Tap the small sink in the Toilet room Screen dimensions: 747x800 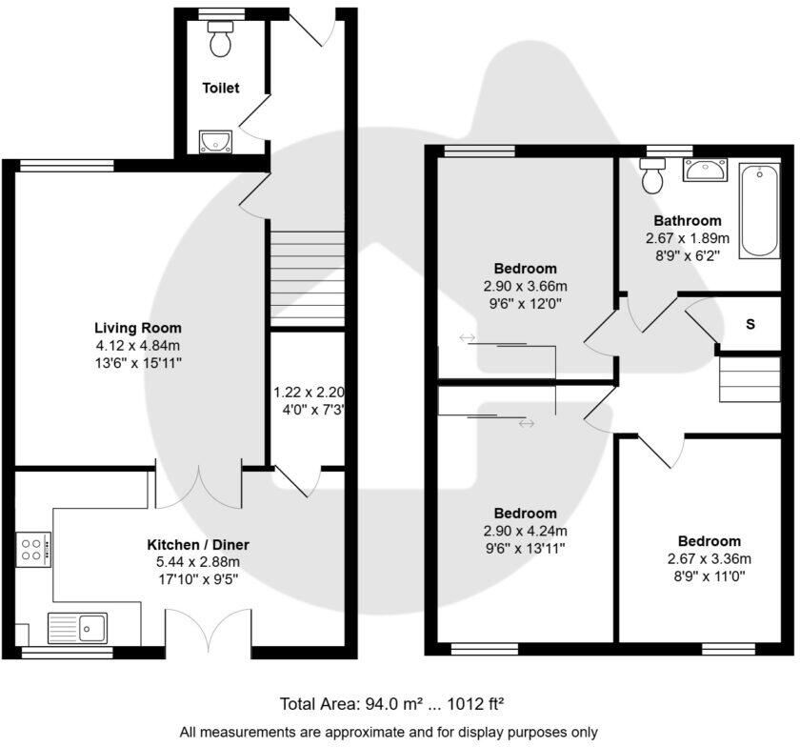[217, 143]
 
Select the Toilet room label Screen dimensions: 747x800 [220, 88]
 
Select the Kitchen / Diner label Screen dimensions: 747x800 [197, 544]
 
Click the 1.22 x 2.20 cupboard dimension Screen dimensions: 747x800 [309, 393]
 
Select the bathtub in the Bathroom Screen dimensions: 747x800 [759, 210]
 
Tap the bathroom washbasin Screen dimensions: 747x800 [704, 172]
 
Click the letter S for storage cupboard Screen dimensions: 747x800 [750, 324]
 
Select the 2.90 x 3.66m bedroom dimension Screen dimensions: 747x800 [525, 286]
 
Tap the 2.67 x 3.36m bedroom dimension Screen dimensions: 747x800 [709, 558]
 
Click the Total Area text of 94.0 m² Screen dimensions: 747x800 [390, 705]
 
